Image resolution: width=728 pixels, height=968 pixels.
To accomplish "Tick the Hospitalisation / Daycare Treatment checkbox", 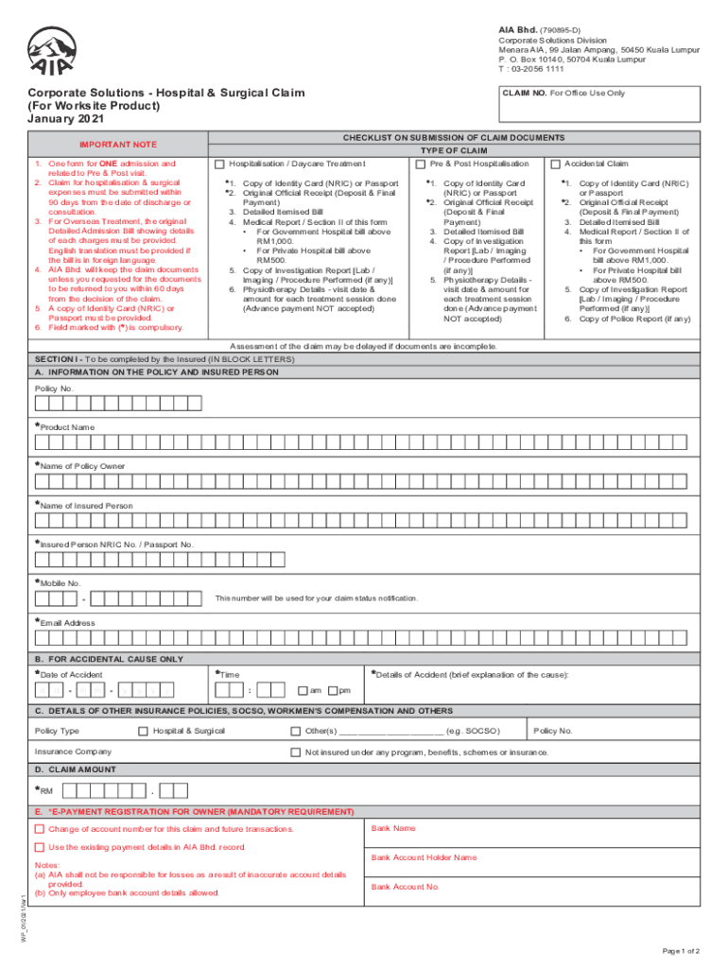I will [220, 164].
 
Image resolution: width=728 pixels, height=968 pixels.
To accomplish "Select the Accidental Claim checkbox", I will [556, 164].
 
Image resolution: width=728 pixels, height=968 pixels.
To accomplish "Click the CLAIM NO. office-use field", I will [596, 105].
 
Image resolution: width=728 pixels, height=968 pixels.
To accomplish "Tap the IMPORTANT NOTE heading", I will [117, 145].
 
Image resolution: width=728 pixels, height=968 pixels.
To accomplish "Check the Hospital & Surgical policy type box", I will [143, 731].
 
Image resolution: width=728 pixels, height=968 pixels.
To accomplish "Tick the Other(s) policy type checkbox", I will [296, 731].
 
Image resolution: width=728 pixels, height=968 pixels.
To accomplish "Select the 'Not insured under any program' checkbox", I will [296, 752].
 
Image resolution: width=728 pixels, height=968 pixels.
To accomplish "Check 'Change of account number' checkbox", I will [40, 829].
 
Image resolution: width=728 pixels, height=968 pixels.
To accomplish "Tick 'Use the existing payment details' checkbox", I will [40, 847].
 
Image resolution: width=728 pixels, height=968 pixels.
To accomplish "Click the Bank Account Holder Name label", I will [424, 857].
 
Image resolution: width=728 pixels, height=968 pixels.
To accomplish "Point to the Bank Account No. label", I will [405, 887].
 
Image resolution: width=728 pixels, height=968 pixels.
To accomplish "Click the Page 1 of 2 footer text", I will [682, 950].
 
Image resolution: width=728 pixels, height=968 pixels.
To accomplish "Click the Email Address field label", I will [67, 623].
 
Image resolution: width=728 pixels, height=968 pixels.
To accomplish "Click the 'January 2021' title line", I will [62, 119].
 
